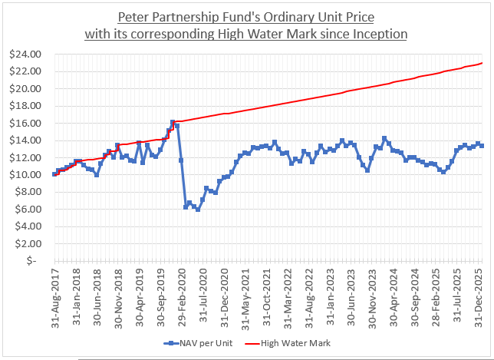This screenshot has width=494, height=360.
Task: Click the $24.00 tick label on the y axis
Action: click(x=30, y=54)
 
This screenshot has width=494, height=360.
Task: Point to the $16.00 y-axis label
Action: click(x=30, y=123)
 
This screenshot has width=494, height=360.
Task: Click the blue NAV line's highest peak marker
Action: click(x=173, y=122)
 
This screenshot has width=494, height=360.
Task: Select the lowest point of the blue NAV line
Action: click(x=198, y=209)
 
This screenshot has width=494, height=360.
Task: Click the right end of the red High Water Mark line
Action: click(x=482, y=62)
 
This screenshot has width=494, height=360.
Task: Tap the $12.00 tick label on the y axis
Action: click(x=30, y=157)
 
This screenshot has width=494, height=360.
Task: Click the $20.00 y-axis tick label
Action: click(x=30, y=88)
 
